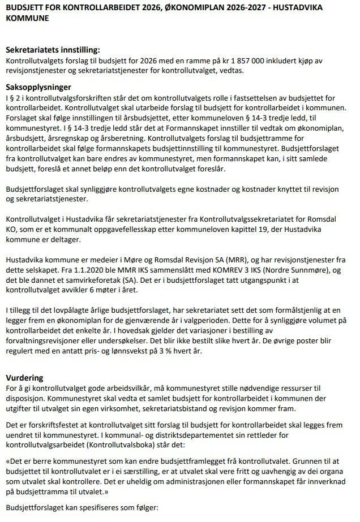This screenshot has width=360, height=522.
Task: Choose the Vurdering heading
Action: coord(24,377)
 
